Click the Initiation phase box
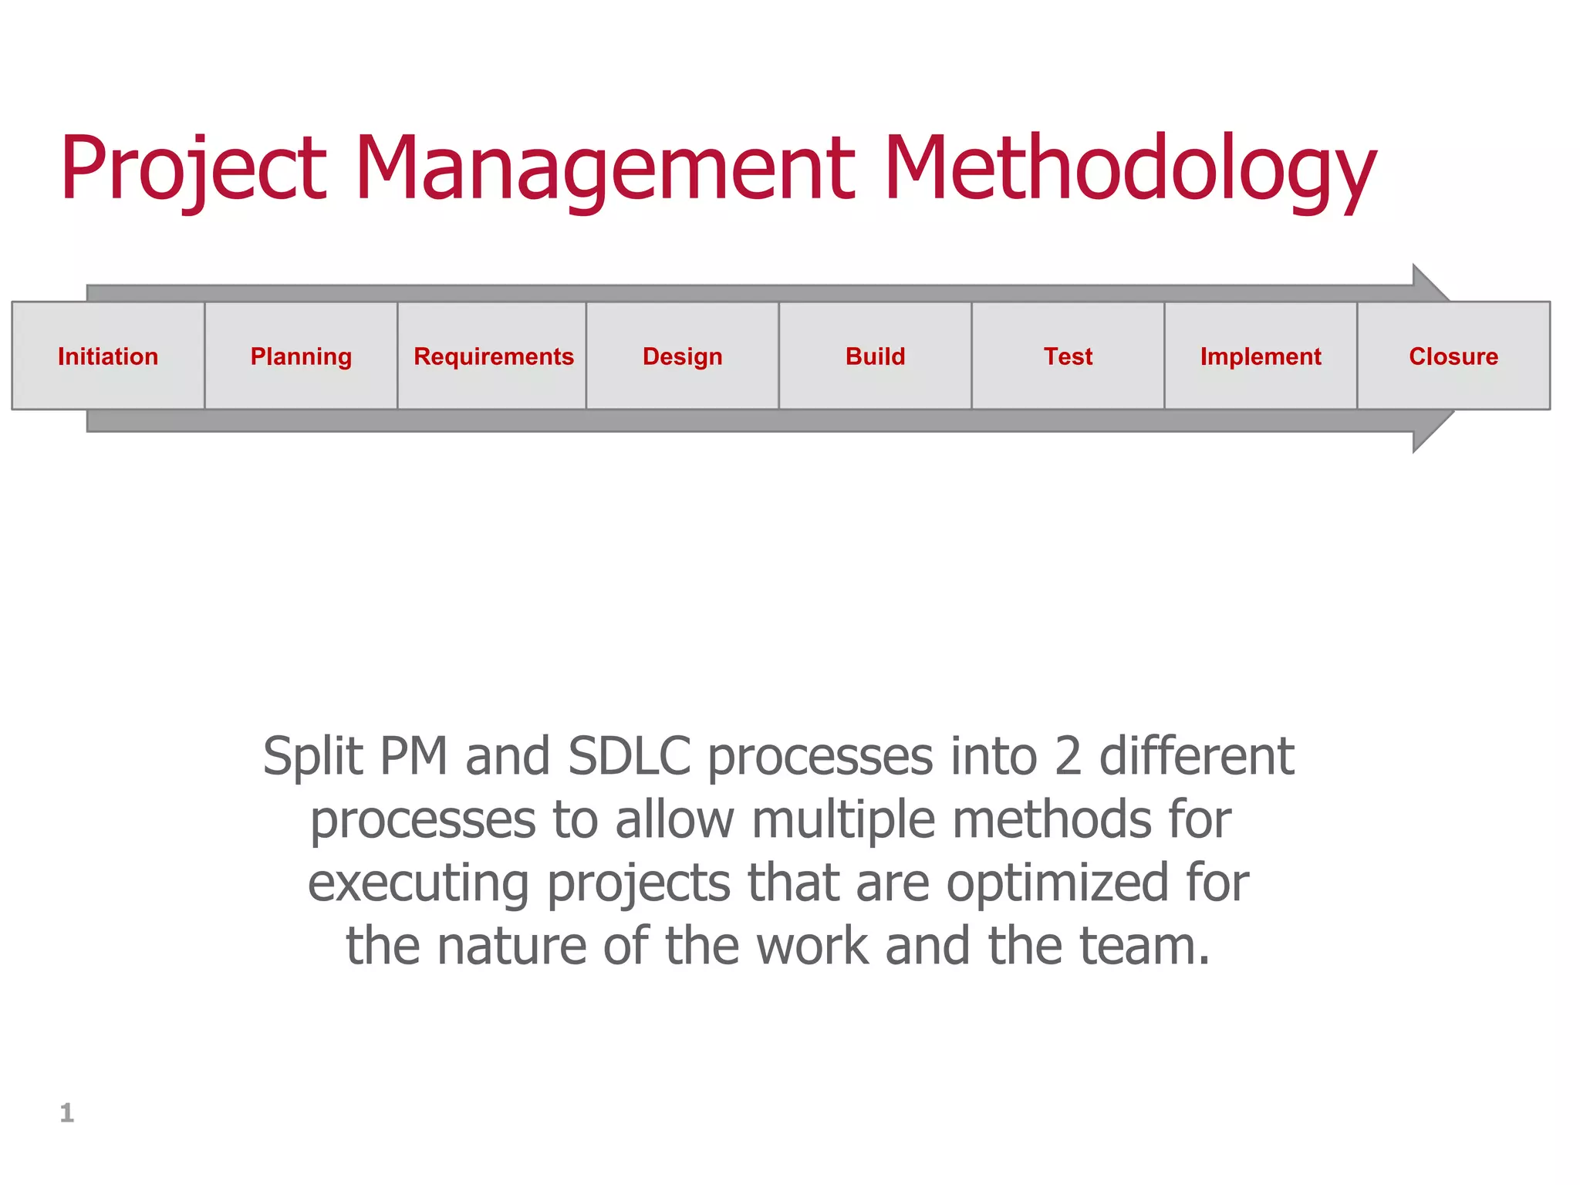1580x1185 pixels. [x=108, y=356]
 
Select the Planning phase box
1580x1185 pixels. [x=301, y=356]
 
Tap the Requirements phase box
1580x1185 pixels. [x=493, y=356]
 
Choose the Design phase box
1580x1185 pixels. [x=683, y=356]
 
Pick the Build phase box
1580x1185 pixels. [x=875, y=356]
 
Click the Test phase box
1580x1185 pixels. [x=1068, y=356]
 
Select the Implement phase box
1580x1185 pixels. [x=1261, y=356]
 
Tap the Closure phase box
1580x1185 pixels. [x=1453, y=356]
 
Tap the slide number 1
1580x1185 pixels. [x=67, y=1112]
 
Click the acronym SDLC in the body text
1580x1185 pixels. [x=629, y=756]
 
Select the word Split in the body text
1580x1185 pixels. [x=312, y=756]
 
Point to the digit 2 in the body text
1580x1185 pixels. [x=1068, y=756]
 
